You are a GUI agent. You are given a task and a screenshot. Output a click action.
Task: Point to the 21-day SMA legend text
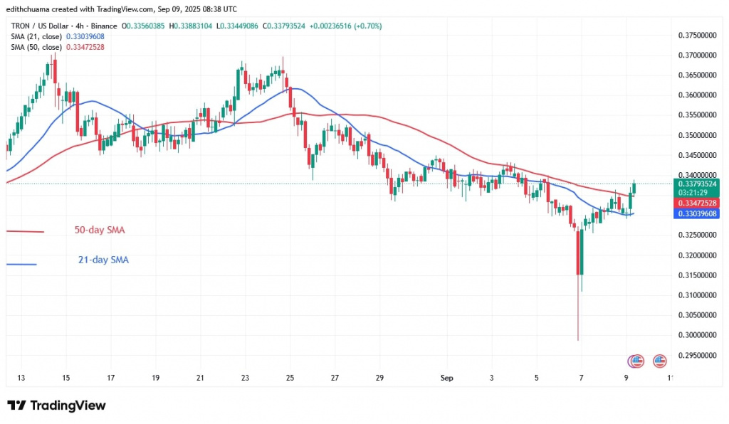click(103, 260)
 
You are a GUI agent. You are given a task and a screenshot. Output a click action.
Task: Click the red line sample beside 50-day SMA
click(25, 231)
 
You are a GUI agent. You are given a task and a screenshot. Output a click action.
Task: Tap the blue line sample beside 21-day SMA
click(21, 265)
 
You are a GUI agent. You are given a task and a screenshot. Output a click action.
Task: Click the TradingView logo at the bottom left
click(56, 406)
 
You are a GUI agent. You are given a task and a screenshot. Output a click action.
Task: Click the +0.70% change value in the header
click(369, 26)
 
